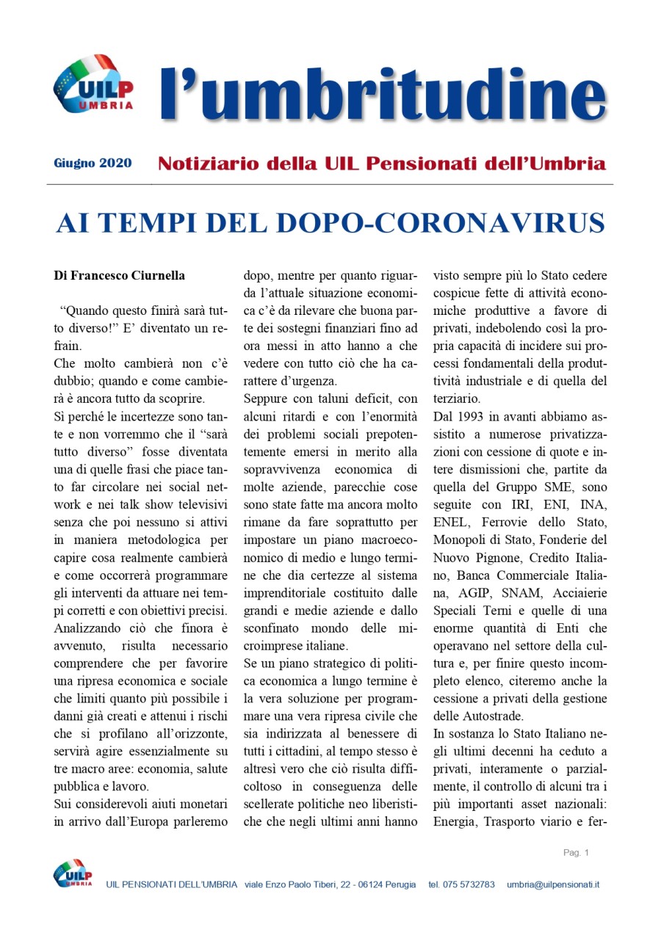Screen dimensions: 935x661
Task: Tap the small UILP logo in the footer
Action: click(x=73, y=874)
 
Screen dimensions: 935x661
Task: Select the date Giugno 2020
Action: click(x=93, y=163)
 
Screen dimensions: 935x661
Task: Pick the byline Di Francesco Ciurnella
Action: click(x=119, y=276)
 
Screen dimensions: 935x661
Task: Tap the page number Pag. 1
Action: click(x=576, y=852)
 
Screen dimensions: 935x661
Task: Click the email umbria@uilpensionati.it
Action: click(x=553, y=884)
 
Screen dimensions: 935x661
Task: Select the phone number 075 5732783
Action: click(x=471, y=884)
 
